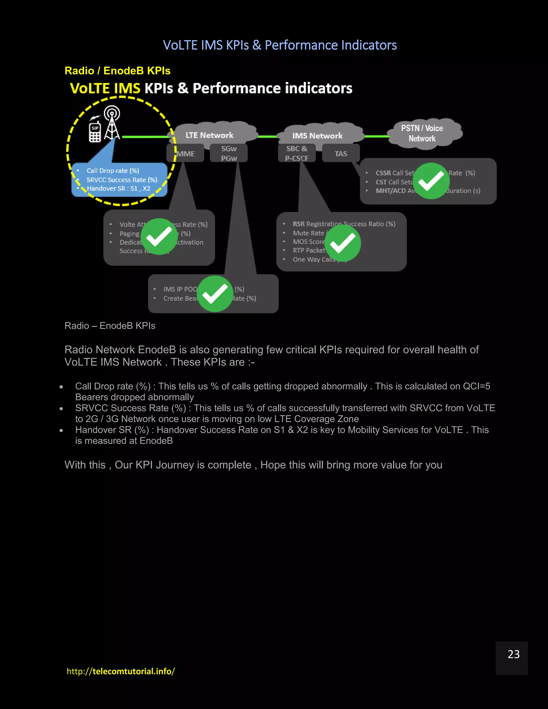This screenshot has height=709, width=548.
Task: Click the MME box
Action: pyautogui.click(x=185, y=154)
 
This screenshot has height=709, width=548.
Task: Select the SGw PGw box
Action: pyautogui.click(x=229, y=153)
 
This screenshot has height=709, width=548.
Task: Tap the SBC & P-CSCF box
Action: pyautogui.click(x=297, y=153)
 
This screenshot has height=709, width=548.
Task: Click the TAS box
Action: pyautogui.click(x=341, y=154)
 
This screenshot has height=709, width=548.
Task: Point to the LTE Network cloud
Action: pyautogui.click(x=210, y=135)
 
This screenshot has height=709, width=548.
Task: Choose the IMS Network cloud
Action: pyautogui.click(x=317, y=135)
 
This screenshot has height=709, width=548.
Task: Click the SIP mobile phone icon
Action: pyautogui.click(x=95, y=131)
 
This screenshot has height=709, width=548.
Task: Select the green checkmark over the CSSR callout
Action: pyautogui.click(x=431, y=181)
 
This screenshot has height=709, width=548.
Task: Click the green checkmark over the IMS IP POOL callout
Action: pyautogui.click(x=215, y=294)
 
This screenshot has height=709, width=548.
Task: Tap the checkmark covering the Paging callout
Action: pyautogui.click(x=159, y=237)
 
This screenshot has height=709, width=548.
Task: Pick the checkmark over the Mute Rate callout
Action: pyautogui.click(x=343, y=243)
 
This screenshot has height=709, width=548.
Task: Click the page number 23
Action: pyautogui.click(x=513, y=654)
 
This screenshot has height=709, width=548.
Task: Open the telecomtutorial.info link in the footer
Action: pyautogui.click(x=121, y=671)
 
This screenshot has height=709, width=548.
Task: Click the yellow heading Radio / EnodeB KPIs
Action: pyautogui.click(x=117, y=71)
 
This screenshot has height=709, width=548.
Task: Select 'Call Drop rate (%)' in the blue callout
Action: pyautogui.click(x=113, y=171)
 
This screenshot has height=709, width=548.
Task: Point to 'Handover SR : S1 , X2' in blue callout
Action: pyautogui.click(x=119, y=189)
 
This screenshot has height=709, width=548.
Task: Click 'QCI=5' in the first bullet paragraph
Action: pyautogui.click(x=476, y=386)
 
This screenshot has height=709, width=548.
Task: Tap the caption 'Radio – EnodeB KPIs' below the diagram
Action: pyautogui.click(x=110, y=326)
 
